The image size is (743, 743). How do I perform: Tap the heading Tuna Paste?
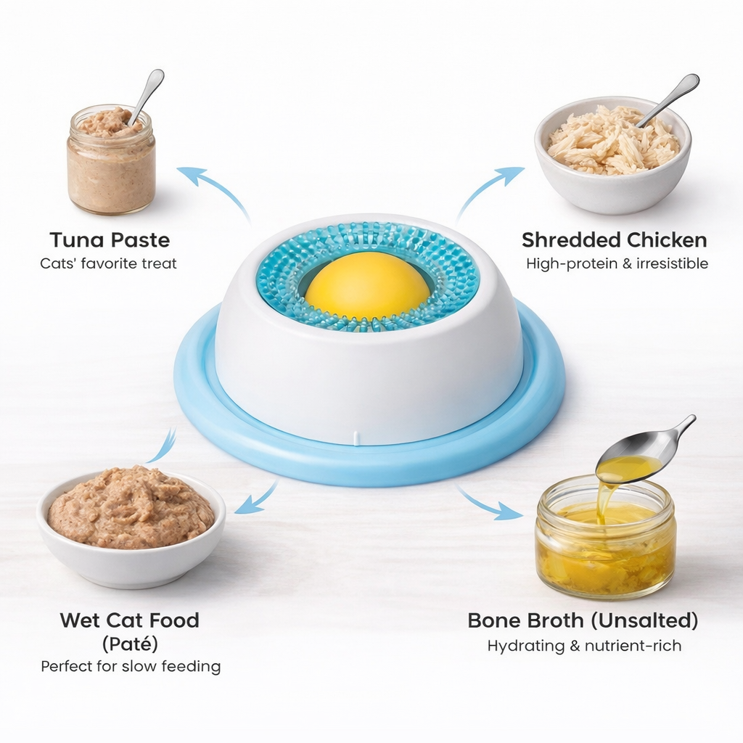pyautogui.click(x=110, y=240)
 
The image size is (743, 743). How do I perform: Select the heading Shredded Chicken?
pyautogui.click(x=614, y=240)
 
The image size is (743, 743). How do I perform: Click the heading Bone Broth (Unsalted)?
pyautogui.click(x=583, y=620)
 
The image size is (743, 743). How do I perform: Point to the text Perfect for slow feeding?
pyautogui.click(x=131, y=666)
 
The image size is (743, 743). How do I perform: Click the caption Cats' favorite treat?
pyautogui.click(x=109, y=263)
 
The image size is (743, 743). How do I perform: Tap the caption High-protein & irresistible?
pyautogui.click(x=617, y=263)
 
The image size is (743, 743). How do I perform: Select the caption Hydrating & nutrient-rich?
pyautogui.click(x=584, y=645)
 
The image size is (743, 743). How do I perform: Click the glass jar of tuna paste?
pyautogui.click(x=111, y=171)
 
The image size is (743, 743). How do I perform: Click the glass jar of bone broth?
pyautogui.click(x=606, y=544)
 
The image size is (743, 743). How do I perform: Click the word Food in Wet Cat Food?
pyautogui.click(x=173, y=620)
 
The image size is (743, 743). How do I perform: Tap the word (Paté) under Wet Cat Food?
pyautogui.click(x=130, y=644)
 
